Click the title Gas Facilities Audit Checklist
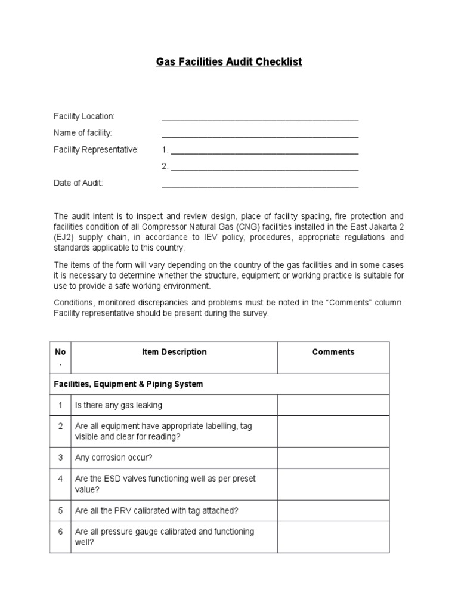click(x=229, y=62)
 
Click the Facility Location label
click(x=84, y=116)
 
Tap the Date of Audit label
click(x=78, y=183)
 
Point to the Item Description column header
click(x=174, y=352)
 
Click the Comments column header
click(x=333, y=352)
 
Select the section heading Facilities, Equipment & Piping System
click(x=128, y=384)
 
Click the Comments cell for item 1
click(x=333, y=405)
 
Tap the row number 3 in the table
click(x=60, y=458)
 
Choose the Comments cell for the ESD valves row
click(x=333, y=484)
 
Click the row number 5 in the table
click(x=60, y=510)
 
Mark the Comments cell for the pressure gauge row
click(x=333, y=536)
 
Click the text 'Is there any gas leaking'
click(x=118, y=405)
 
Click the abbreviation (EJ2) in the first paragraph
click(x=65, y=237)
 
